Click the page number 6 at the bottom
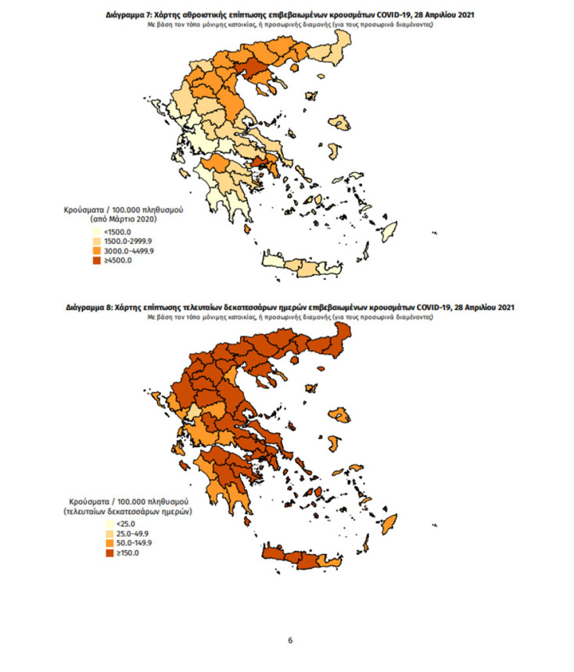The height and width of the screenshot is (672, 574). [290, 641]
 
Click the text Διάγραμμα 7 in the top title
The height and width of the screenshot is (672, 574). [129, 15]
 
